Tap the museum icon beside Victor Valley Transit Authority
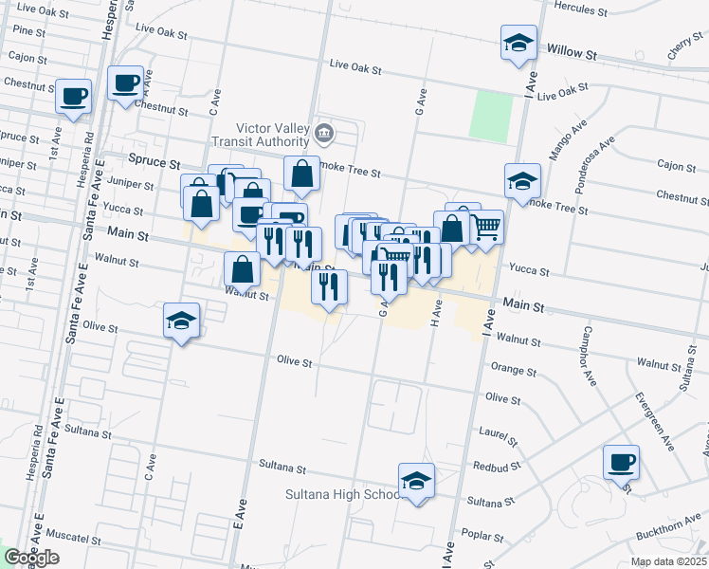pyautogui.click(x=325, y=131)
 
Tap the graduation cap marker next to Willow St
pyautogui.click(x=518, y=43)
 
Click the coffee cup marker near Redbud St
pyautogui.click(x=621, y=462)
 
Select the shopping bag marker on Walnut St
pyautogui.click(x=243, y=269)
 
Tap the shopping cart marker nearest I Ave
pyautogui.click(x=485, y=226)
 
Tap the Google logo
pyautogui.click(x=30, y=559)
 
